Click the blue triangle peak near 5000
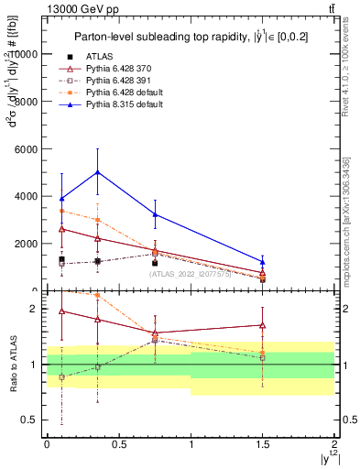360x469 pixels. (97, 172)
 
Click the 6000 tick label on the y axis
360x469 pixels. (27, 148)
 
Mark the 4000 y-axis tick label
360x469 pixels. (27, 196)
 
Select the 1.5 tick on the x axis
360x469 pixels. (262, 443)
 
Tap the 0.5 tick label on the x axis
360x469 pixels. (118, 443)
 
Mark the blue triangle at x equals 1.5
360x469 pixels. (262, 262)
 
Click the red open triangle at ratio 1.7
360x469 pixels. (262, 324)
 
